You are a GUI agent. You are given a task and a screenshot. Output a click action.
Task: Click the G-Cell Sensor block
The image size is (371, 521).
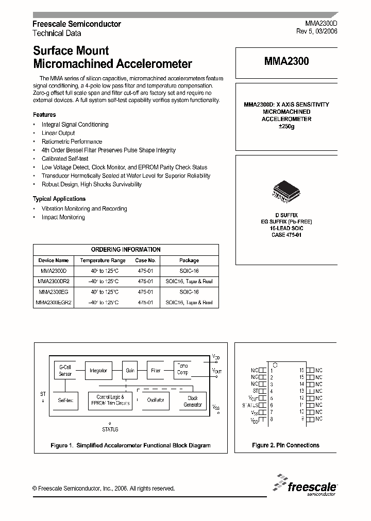65,370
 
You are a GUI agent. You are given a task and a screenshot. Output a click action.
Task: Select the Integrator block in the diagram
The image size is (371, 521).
98,370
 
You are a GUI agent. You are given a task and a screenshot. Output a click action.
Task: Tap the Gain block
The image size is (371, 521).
129,370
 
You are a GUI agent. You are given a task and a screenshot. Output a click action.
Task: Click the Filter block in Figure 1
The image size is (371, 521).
156,370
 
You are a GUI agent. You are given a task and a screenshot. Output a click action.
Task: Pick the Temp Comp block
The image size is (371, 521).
183,369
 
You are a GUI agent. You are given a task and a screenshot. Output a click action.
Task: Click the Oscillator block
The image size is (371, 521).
156,400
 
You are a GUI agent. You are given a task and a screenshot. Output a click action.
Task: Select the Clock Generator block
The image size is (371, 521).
193,401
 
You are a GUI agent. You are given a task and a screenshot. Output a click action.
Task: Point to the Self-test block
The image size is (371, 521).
65,400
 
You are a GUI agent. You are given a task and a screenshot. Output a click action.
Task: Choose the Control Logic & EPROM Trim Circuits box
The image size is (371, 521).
110,401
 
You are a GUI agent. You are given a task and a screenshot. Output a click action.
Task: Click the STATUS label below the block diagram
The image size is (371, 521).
110,429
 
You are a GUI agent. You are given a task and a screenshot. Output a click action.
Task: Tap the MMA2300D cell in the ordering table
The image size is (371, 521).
54,271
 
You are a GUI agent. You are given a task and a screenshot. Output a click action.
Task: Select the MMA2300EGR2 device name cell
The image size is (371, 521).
54,303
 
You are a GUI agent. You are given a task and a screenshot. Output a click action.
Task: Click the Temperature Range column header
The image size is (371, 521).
103,260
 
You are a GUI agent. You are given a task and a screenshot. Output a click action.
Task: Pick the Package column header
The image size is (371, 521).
189,260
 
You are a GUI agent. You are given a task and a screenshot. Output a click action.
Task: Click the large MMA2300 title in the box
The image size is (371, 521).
286,61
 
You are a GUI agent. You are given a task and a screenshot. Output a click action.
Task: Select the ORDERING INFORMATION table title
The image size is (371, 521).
126,249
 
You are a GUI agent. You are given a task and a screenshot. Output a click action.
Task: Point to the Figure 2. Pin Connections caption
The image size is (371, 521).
285,445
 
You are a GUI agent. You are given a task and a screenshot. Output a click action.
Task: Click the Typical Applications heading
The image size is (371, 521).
59,199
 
